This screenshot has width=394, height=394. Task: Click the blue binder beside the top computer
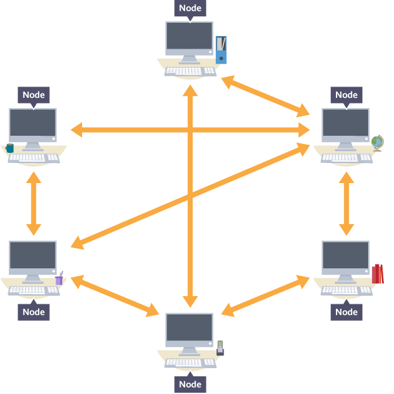tap(220, 50)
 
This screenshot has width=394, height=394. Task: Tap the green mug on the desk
tap(9, 148)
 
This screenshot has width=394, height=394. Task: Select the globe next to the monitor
tap(378, 143)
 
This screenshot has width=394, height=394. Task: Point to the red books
tap(378, 274)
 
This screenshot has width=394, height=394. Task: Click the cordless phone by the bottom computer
tap(220, 348)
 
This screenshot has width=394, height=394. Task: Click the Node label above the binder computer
tap(190, 8)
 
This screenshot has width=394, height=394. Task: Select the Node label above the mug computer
tap(33, 95)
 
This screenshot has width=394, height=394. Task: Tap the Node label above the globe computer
tap(346, 95)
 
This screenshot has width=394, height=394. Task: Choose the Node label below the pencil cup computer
tap(33, 312)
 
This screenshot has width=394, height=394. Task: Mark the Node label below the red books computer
tap(346, 312)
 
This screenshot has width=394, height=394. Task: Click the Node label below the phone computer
tap(190, 384)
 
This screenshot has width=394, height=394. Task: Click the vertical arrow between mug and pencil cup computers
tap(33, 203)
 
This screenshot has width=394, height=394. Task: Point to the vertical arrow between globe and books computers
tap(346, 203)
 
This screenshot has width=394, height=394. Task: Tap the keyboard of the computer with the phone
tap(190, 363)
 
